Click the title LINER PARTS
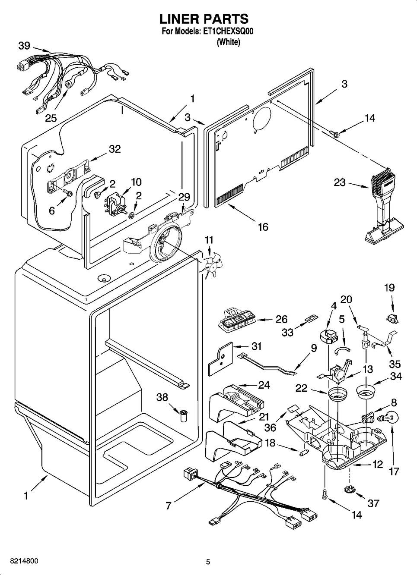pos(204,19)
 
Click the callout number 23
pos(340,182)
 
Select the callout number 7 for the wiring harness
pos(169,505)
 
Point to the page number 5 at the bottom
pos(208,562)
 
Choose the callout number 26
pos(281,320)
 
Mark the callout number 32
pos(115,149)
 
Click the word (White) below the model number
pos(228,42)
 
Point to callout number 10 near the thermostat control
pos(136,182)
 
